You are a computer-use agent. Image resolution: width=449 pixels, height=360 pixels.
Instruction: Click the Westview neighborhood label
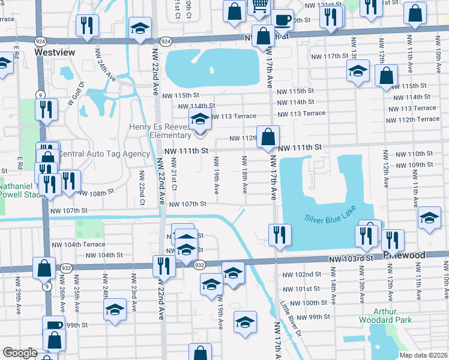(x=55, y=52)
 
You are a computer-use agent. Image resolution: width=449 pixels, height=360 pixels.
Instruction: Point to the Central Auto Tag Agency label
(x=103, y=154)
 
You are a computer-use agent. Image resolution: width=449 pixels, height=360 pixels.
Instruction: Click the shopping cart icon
(x=258, y=5)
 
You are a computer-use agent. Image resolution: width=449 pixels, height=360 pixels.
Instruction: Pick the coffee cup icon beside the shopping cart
(x=282, y=19)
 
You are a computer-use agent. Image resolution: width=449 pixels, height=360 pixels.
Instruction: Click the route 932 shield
(x=200, y=265)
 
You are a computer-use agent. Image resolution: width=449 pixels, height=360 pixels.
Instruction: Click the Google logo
(x=19, y=353)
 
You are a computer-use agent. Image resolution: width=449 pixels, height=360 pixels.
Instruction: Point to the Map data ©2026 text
(x=423, y=355)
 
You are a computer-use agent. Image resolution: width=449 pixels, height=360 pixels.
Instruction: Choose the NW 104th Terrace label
(x=78, y=245)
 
